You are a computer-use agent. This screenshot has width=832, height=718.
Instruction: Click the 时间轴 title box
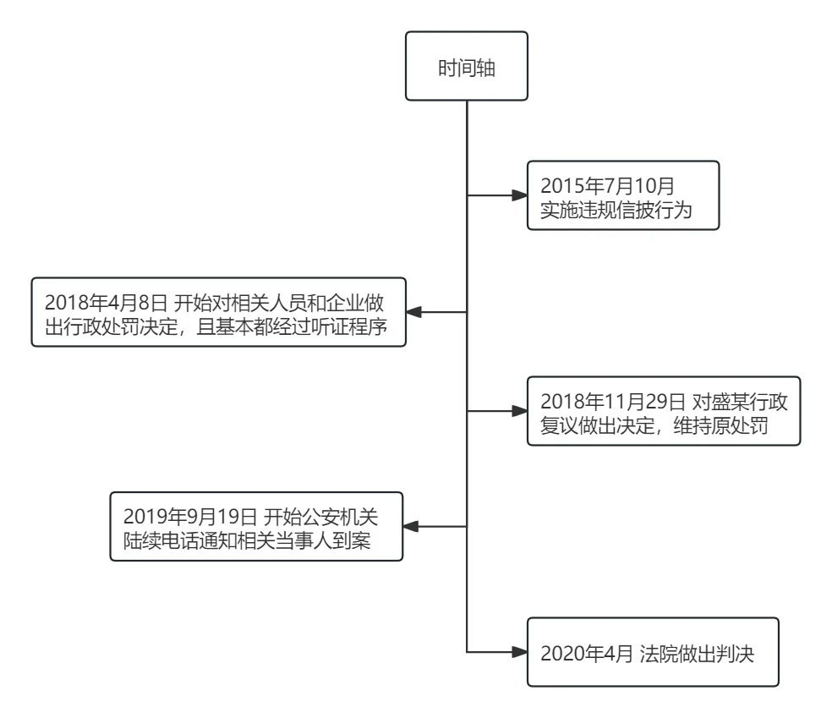tap(467, 66)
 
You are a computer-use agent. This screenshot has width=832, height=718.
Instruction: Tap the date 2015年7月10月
tap(607, 186)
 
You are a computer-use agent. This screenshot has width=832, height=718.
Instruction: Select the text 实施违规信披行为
tap(616, 210)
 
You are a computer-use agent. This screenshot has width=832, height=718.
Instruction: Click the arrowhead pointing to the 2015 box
tap(519, 195)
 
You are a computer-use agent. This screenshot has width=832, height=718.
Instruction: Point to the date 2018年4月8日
tap(106, 303)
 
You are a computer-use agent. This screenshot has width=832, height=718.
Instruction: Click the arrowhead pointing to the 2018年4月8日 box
tap(413, 312)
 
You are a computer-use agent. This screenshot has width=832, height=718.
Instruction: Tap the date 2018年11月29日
tap(613, 402)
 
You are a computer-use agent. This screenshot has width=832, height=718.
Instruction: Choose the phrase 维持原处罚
tap(720, 425)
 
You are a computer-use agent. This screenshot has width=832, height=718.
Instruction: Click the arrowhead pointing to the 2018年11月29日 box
tap(519, 411)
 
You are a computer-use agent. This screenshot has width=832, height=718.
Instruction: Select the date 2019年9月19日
tap(190, 517)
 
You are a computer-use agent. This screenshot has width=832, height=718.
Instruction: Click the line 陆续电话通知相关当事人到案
tap(247, 540)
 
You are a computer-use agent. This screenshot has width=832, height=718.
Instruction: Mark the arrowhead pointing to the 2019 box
tap(410, 526)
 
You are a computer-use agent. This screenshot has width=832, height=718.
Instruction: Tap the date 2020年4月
tap(586, 653)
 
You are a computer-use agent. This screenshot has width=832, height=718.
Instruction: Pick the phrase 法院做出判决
tap(697, 653)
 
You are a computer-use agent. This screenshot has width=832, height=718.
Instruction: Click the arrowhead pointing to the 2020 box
tap(519, 652)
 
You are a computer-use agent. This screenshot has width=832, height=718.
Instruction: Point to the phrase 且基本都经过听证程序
tap(292, 327)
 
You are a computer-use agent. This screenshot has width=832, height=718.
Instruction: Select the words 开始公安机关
tap(320, 517)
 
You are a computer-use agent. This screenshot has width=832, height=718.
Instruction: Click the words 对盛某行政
tap(740, 402)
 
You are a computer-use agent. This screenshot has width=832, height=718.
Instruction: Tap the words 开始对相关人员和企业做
tap(278, 303)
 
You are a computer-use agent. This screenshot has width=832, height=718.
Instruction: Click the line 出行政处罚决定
tap(111, 327)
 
